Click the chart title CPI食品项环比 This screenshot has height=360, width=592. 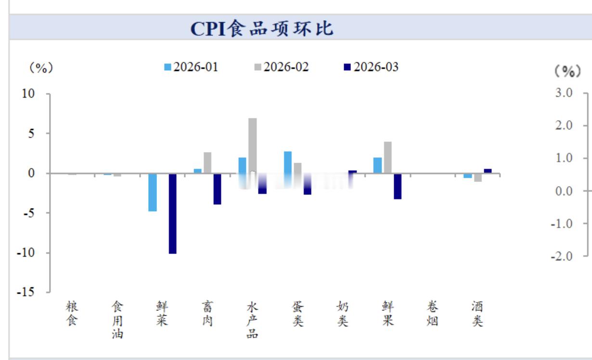tap(262, 28)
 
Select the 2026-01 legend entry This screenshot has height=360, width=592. tap(191, 67)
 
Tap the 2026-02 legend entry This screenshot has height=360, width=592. tap(281, 67)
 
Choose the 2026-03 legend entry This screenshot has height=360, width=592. tap(371, 67)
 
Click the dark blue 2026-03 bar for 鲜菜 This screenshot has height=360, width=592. tap(172, 213)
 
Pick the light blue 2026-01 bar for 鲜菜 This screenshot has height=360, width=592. tap(152, 192)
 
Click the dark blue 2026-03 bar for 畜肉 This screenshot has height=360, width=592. tap(217, 189)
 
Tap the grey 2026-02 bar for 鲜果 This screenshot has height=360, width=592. tap(387, 157)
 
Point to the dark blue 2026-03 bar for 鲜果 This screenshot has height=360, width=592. tap(397, 186)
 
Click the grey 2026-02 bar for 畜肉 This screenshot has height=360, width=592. tap(207, 163)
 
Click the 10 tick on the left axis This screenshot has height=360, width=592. tap(29, 94)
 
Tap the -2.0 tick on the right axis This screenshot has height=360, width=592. tap(561, 257)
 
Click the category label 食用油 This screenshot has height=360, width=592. tap(117, 320)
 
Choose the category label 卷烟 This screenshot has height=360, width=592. tap(432, 314)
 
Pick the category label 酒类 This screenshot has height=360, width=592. tap(477, 314)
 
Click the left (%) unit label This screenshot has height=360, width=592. tap(41, 68)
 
